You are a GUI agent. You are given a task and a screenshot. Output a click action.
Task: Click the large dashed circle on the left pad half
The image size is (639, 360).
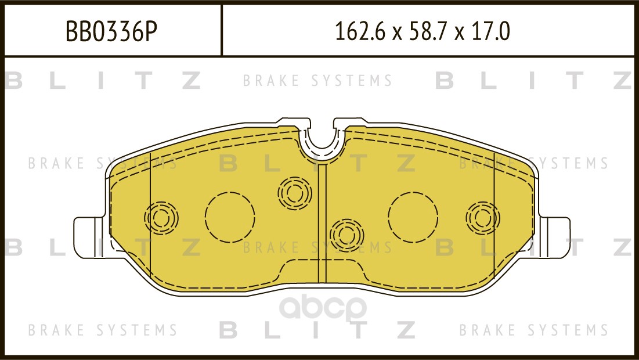point(230,217)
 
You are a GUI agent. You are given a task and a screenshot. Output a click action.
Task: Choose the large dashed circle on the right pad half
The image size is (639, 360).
point(413,217)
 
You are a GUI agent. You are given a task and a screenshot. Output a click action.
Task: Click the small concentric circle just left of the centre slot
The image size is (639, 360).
point(294,192)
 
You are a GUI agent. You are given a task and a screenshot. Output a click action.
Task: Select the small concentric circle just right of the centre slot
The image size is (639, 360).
point(346,235)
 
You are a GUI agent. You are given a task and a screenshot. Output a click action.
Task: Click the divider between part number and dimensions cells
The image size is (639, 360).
point(222,30)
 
